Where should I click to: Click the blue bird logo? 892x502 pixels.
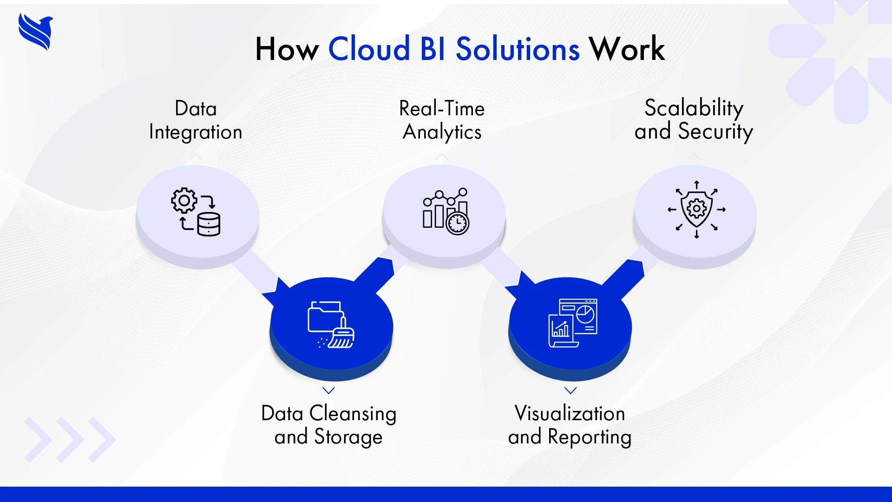click(x=36, y=32)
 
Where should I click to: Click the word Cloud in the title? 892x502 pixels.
click(x=369, y=49)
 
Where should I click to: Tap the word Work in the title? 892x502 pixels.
click(x=627, y=49)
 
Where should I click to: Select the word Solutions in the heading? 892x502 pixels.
click(x=518, y=49)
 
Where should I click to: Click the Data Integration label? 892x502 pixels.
click(x=196, y=120)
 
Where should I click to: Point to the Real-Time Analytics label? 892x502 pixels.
click(x=442, y=120)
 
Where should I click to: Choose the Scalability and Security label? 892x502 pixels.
click(x=694, y=120)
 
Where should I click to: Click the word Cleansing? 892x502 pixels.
click(x=353, y=413)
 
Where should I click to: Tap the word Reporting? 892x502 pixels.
click(x=590, y=437)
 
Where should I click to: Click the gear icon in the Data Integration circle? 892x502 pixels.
click(x=184, y=200)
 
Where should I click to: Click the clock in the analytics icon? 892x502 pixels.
click(x=458, y=223)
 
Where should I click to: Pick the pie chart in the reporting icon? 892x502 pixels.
click(x=585, y=314)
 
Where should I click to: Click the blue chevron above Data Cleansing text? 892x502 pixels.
click(x=328, y=390)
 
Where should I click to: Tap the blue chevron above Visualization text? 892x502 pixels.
click(x=571, y=390)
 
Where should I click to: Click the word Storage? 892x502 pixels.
click(x=348, y=437)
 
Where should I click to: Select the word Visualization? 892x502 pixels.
click(x=570, y=413)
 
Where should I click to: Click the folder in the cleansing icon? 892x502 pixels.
click(x=323, y=317)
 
